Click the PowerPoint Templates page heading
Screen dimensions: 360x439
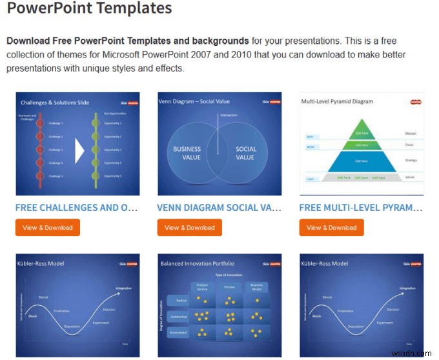tap(90, 9)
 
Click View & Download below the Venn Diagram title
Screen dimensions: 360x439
tap(189, 227)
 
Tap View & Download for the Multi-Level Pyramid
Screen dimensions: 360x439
tap(331, 227)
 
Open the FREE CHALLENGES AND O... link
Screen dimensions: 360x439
tap(76, 208)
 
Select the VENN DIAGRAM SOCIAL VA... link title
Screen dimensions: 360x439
tap(219, 208)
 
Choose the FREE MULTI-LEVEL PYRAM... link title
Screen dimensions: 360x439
tap(361, 208)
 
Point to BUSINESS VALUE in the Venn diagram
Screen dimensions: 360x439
tap(187, 153)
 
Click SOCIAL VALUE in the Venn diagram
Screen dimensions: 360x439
tap(245, 153)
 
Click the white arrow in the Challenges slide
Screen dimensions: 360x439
tap(80, 151)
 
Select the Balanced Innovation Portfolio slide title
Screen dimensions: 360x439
tap(198, 263)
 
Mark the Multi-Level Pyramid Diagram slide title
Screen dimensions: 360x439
tap(337, 101)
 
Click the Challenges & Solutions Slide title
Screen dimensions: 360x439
tap(55, 102)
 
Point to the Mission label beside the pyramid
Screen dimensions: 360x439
tap(411, 134)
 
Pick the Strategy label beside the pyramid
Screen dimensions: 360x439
tap(411, 160)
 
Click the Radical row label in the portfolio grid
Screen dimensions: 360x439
tap(178, 300)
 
